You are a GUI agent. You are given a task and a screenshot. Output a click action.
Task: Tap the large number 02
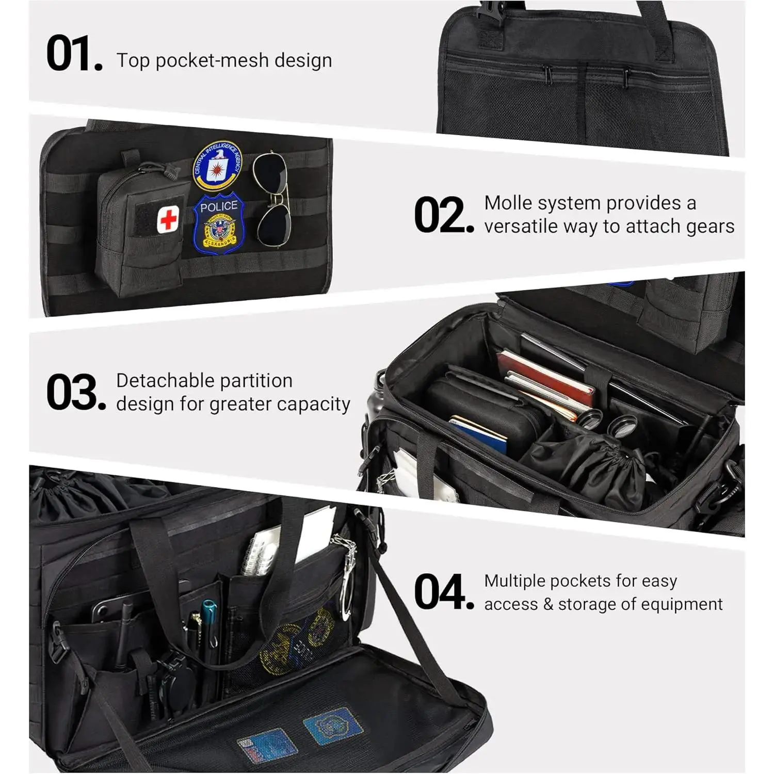444,215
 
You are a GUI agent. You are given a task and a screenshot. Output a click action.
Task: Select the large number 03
76,393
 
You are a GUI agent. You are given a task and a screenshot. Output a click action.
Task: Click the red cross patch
168,219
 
